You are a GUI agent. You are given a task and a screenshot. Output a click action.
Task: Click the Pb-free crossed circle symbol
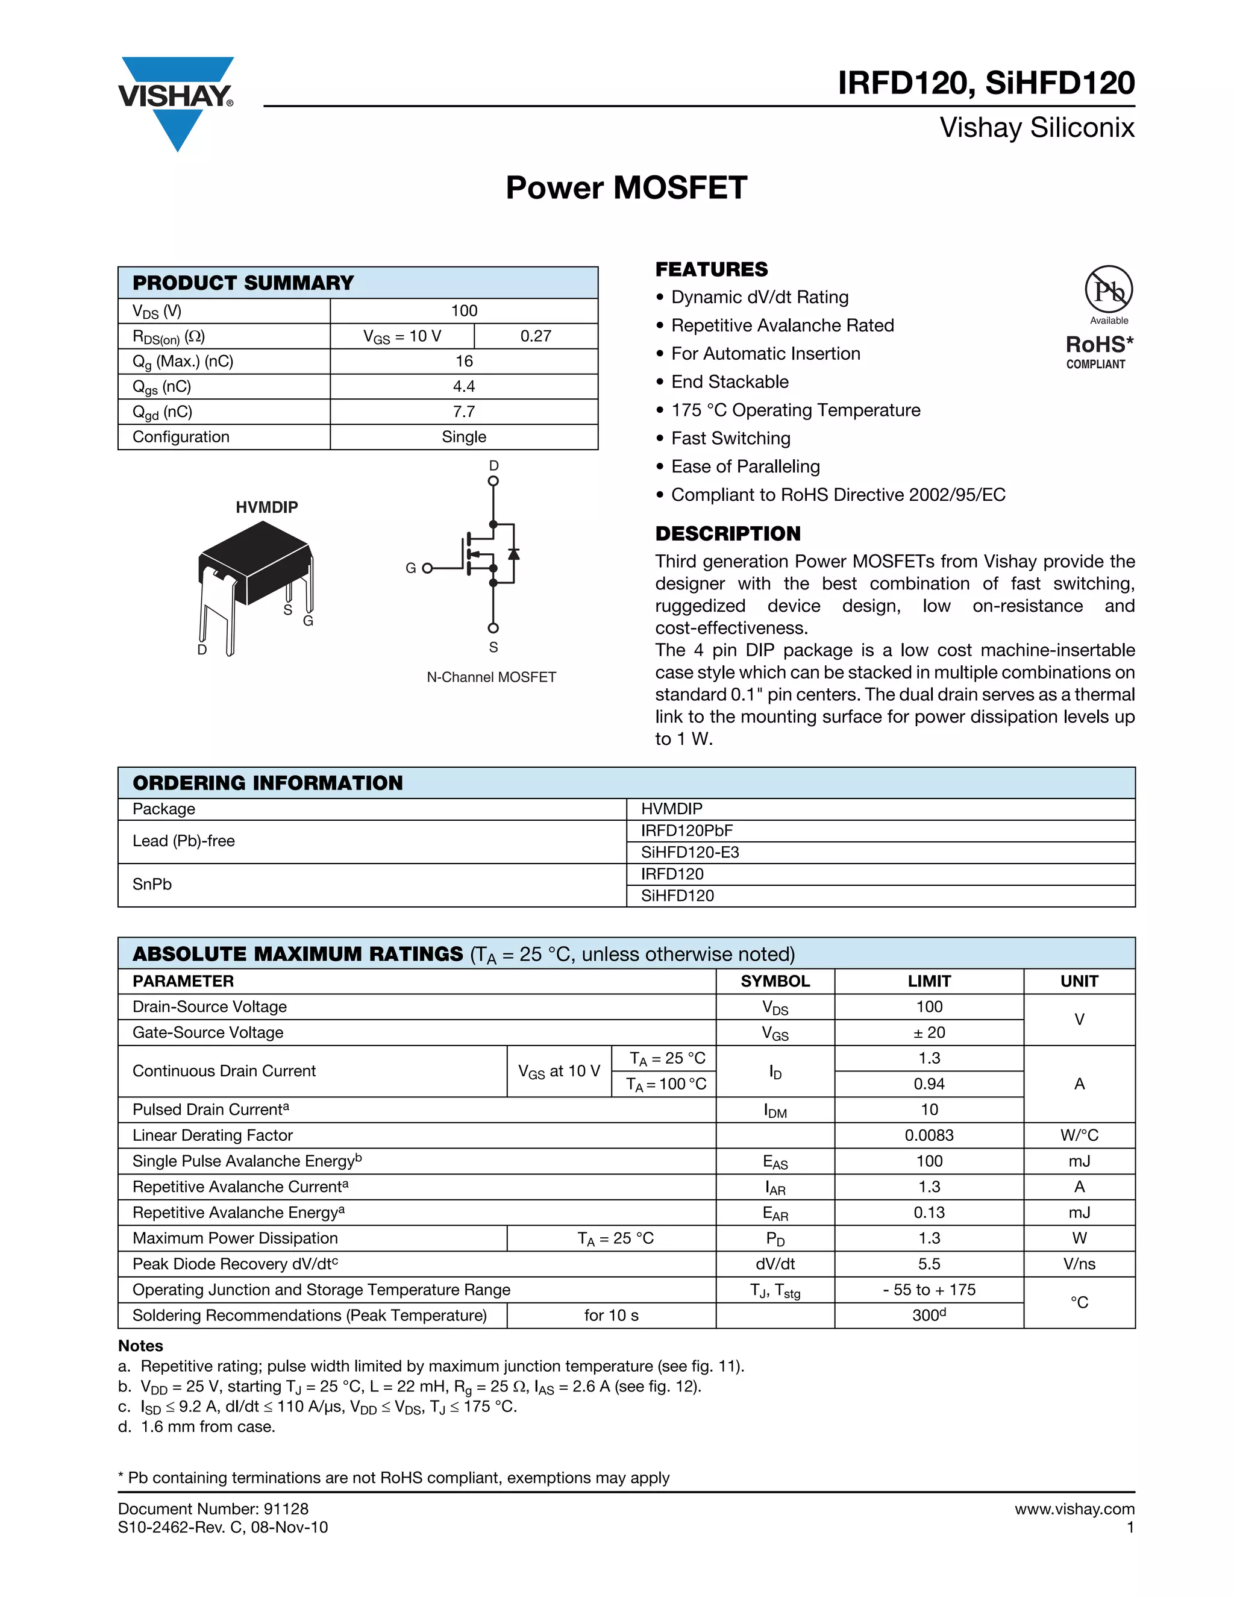1108,289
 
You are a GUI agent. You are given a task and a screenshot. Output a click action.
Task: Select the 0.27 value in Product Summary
535,336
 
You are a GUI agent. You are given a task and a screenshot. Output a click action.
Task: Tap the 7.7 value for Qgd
463,412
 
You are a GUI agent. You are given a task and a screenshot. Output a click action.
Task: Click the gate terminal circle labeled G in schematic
427,568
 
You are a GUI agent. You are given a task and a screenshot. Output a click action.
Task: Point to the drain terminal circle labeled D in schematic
493,481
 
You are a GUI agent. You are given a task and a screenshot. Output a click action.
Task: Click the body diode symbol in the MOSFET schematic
514,554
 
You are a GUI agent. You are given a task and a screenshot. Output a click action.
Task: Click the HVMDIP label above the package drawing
266,507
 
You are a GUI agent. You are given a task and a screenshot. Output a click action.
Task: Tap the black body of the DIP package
256,563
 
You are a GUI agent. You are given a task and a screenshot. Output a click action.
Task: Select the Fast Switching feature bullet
730,439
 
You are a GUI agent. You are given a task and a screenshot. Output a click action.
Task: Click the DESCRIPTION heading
727,534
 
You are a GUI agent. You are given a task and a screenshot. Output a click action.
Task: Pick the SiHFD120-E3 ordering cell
689,853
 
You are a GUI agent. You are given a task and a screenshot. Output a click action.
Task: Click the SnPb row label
152,885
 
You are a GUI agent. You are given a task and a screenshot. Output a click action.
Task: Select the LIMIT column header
929,981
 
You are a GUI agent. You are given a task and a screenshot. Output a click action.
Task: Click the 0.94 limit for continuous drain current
929,1084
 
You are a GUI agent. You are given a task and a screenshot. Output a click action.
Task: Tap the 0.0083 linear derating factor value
929,1135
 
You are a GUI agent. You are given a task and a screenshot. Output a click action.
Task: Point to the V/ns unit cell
1079,1264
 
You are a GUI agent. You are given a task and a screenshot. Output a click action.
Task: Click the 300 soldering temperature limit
929,1316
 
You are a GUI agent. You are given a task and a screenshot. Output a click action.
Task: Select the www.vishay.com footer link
1074,1509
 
